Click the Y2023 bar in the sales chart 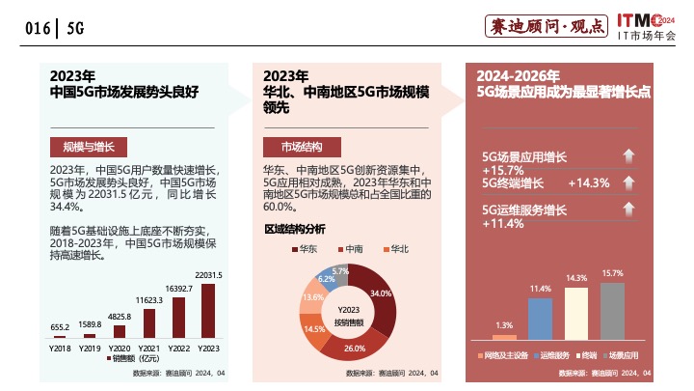click(x=207, y=310)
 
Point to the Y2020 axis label click(x=119, y=347)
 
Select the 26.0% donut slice click(x=353, y=343)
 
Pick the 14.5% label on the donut click(x=314, y=328)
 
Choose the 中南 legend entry click(x=349, y=249)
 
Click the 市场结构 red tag click(x=301, y=147)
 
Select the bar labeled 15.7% click(x=612, y=311)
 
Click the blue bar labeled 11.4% click(x=541, y=319)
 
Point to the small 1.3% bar click(x=504, y=336)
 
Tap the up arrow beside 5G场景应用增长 click(x=627, y=156)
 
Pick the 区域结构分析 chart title click(x=295, y=229)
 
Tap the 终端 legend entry click(x=585, y=355)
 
